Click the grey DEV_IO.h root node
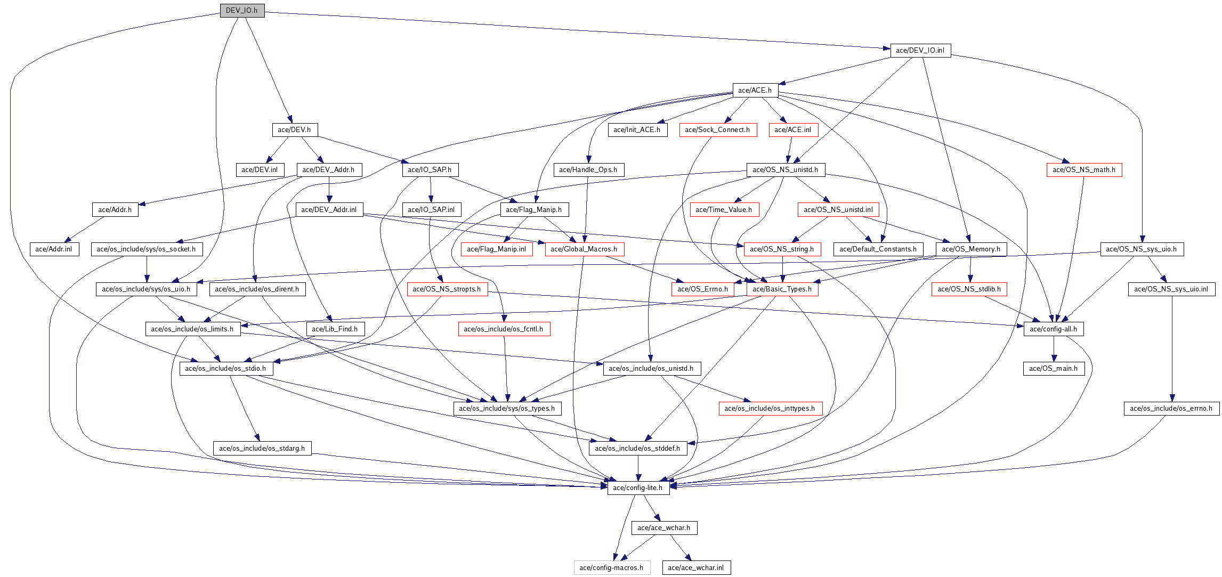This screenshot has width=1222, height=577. pyautogui.click(x=242, y=11)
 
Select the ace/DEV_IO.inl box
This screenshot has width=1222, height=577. pyautogui.click(x=920, y=51)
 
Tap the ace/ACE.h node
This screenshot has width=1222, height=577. pyautogui.click(x=755, y=91)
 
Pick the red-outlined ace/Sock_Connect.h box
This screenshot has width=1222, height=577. pyautogui.click(x=717, y=130)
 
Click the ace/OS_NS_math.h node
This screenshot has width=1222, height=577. pyautogui.click(x=1083, y=170)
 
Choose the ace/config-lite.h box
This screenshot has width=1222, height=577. pyautogui.click(x=638, y=488)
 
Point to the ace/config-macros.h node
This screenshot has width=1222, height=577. pyautogui.click(x=611, y=568)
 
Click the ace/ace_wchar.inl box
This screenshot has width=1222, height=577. pyautogui.click(x=695, y=568)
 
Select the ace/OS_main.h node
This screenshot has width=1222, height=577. pyautogui.click(x=1053, y=369)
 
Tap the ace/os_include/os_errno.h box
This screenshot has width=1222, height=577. pyautogui.click(x=1171, y=409)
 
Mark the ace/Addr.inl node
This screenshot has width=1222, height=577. pyautogui.click(x=54, y=249)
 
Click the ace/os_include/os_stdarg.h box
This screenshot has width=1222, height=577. pyautogui.click(x=262, y=449)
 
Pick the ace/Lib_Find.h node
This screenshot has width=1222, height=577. pyautogui.click(x=335, y=329)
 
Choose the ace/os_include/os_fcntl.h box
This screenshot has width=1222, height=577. pyautogui.click(x=504, y=329)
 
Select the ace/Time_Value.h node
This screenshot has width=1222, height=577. pyautogui.click(x=724, y=210)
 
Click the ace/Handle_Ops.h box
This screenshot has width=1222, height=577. pyautogui.click(x=588, y=170)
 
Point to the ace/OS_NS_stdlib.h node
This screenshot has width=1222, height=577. pyautogui.click(x=969, y=289)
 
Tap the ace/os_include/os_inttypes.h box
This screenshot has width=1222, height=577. pyautogui.click(x=770, y=409)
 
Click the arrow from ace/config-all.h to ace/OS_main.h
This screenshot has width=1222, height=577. pyautogui.click(x=1054, y=349)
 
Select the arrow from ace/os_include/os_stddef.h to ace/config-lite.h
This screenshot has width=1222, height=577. pyautogui.click(x=638, y=468)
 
